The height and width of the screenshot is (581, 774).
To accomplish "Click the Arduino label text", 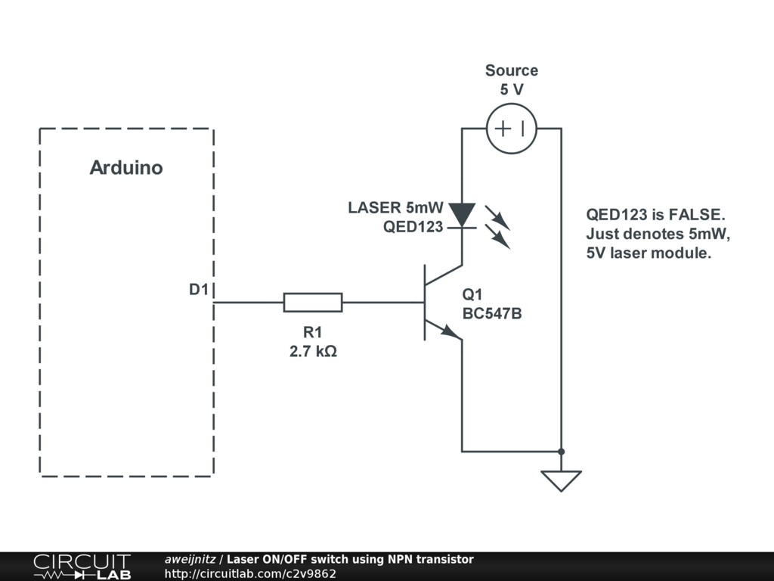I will tap(126, 168).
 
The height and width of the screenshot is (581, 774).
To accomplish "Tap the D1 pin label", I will tap(198, 290).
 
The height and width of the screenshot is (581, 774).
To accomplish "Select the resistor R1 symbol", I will tap(313, 303).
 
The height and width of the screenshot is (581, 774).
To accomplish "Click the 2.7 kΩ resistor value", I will tap(313, 351).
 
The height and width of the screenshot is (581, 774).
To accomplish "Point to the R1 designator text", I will tap(312, 332).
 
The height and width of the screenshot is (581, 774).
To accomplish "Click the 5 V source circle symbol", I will tap(512, 129).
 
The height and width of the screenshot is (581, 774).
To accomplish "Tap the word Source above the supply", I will tap(512, 70).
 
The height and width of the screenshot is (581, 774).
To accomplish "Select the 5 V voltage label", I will tap(512, 89).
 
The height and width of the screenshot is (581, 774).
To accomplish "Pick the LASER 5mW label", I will tap(395, 207).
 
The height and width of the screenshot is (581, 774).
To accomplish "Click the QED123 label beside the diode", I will tap(413, 226).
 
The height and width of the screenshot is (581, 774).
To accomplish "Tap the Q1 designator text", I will tap(472, 295).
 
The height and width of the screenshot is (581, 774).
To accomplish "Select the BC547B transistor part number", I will tap(492, 313).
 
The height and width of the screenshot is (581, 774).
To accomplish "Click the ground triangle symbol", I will tap(561, 480).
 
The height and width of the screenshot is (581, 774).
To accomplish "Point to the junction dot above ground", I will tap(561, 452).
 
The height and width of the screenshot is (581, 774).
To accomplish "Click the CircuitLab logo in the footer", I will tap(81, 567).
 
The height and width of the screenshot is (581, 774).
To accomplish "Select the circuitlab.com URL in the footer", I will tap(250, 573).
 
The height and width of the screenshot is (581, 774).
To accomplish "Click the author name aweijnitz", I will tap(190, 559).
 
